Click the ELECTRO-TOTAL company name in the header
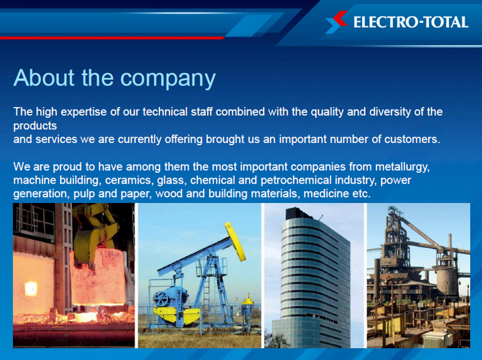tap(411, 22)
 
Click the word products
tap(35, 126)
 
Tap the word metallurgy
tap(403, 167)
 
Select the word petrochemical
tap(297, 180)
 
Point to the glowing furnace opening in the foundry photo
tap(31, 289)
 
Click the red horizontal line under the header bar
tap(112, 38)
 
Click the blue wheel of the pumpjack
tap(161, 299)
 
